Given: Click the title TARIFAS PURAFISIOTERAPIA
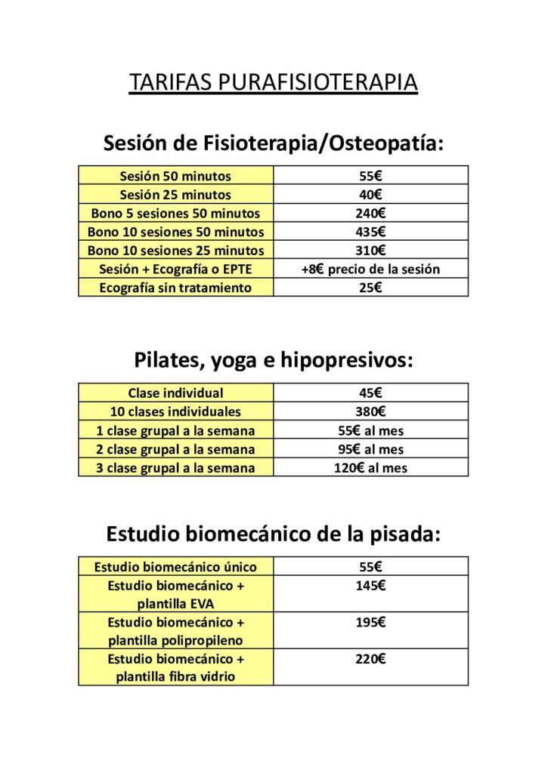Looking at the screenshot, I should [273, 82].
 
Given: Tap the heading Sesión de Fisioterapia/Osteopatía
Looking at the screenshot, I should [273, 142].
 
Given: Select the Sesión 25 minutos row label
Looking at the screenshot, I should [175, 195].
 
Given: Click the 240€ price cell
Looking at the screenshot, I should [371, 213].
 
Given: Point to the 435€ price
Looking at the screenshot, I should [371, 232].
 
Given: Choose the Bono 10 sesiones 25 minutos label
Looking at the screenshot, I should [175, 251].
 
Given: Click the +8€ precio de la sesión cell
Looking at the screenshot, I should [371, 269].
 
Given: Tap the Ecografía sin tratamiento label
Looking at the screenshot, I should [175, 288].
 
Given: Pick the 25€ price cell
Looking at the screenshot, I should [371, 288].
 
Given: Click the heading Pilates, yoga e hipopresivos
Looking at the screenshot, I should [273, 360].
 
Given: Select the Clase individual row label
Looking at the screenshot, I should [175, 393].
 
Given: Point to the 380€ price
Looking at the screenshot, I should [371, 412].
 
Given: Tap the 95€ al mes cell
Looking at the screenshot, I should [371, 449].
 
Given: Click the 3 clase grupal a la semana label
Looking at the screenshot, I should [175, 468].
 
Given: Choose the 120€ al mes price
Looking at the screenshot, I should [371, 468].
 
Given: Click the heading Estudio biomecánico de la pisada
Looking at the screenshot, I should [273, 534].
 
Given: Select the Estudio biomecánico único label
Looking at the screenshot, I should [175, 567].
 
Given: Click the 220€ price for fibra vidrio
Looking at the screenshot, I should [371, 659].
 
